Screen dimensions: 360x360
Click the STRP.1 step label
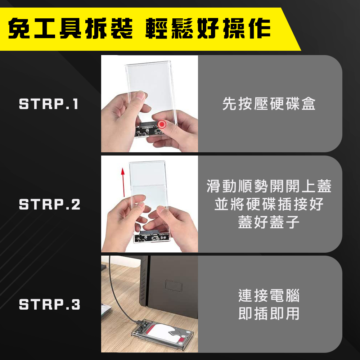49,104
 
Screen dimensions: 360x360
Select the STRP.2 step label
50,204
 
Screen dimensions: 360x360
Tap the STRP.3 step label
50,305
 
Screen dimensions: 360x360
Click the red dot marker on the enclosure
162,125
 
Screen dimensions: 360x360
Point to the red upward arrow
123,182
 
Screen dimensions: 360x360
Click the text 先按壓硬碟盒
269,104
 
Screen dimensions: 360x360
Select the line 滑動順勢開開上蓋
269,186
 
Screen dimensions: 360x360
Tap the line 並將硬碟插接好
269,204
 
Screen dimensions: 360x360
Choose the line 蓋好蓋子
269,222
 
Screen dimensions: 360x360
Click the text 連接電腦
269,296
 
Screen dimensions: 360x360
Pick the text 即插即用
269,314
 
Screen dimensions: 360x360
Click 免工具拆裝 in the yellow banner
70,28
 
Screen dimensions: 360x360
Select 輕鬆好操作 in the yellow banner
208,28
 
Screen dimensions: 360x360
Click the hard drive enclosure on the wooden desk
162,332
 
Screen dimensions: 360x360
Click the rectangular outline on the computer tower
174,286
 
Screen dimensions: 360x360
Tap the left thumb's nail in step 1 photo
140,95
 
